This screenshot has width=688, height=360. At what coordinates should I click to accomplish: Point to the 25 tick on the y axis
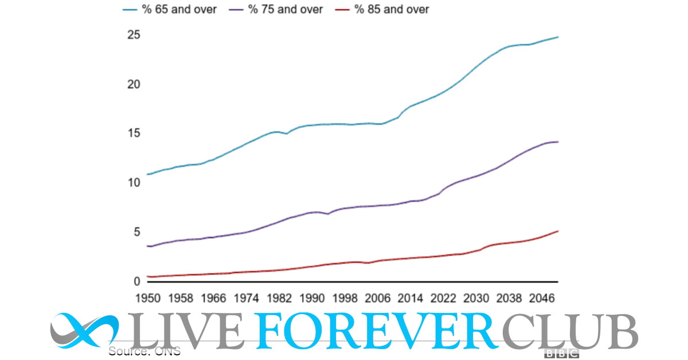(x=133, y=35)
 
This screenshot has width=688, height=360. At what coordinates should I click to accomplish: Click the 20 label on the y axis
(x=133, y=84)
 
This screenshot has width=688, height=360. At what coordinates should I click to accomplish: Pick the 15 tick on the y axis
(x=133, y=134)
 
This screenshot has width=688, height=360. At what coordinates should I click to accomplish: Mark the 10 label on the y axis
(x=133, y=183)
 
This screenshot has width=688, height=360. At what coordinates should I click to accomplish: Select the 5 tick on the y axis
(x=136, y=232)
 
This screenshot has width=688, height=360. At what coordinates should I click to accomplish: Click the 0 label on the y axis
(x=136, y=281)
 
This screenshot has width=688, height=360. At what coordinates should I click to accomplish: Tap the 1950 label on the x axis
(x=147, y=298)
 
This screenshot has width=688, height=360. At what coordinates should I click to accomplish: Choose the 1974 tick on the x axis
(x=246, y=298)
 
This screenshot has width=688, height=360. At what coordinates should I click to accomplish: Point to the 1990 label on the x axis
(x=311, y=298)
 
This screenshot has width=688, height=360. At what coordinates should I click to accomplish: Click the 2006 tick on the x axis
(x=377, y=298)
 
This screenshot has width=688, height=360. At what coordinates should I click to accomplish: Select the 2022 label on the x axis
(x=443, y=298)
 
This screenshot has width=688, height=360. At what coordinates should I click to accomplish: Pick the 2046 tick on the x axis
(x=541, y=298)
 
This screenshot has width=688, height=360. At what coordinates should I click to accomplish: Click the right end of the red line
(x=558, y=231)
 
